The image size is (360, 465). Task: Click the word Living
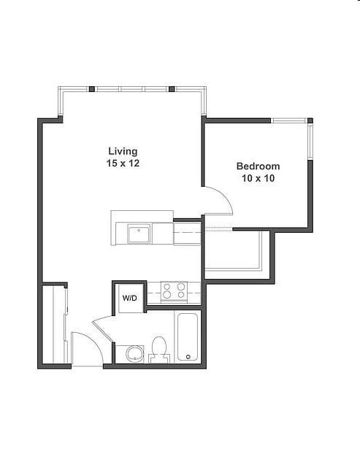[x=123, y=152]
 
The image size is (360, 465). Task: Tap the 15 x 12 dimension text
[x=123, y=163]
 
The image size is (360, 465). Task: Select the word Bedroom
[x=258, y=166]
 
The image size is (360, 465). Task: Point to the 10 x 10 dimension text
[x=258, y=178]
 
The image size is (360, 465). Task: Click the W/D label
[x=130, y=298]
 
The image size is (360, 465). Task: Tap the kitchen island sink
[x=139, y=234]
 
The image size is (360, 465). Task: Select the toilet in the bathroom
[x=158, y=350]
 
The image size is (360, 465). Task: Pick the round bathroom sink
[x=134, y=354]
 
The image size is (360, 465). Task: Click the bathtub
[x=187, y=337]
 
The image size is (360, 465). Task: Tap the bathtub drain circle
[x=188, y=357]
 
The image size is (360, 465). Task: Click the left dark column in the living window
[x=92, y=88]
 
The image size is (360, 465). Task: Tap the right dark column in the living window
[x=172, y=88]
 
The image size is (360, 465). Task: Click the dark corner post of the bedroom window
[x=310, y=120]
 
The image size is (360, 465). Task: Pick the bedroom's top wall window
[x=289, y=120]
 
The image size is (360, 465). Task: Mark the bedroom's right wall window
[x=310, y=142]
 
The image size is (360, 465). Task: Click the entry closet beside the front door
[x=54, y=324]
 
